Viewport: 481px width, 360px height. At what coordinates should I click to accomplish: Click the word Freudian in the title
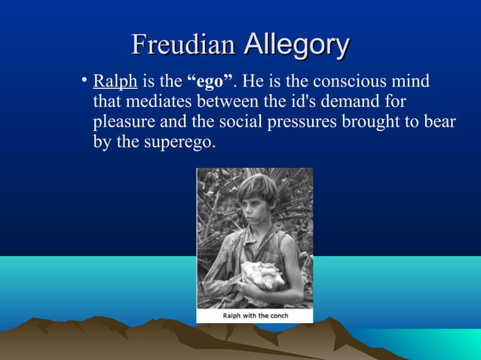(183, 44)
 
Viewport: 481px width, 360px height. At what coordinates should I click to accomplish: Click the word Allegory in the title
(296, 44)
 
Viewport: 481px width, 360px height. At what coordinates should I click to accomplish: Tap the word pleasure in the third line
(123, 122)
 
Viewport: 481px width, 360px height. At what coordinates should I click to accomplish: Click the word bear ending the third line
(440, 122)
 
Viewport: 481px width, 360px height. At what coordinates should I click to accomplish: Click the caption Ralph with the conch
(255, 316)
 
